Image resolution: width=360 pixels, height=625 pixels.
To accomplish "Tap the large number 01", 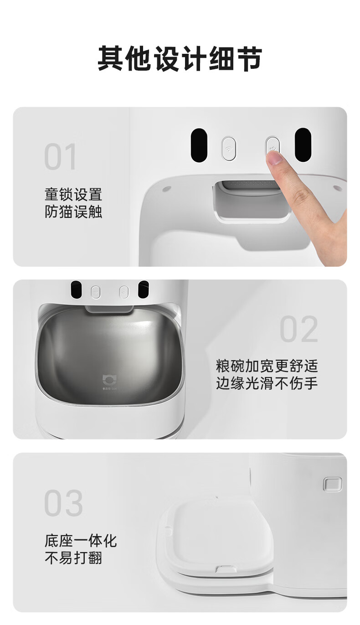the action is pyautogui.click(x=60, y=156).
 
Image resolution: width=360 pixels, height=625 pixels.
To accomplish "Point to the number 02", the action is pyautogui.click(x=298, y=329).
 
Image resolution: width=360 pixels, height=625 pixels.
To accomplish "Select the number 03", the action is pyautogui.click(x=64, y=503).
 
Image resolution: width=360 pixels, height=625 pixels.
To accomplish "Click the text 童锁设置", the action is pyautogui.click(x=73, y=195).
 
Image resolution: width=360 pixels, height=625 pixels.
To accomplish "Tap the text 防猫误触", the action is pyautogui.click(x=73, y=212).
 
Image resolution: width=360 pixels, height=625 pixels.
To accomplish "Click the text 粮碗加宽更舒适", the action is pyautogui.click(x=267, y=366).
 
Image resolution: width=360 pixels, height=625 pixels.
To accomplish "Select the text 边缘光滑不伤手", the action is pyautogui.click(x=267, y=383).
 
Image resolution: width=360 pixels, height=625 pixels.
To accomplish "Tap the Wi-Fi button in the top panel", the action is pyautogui.click(x=229, y=148).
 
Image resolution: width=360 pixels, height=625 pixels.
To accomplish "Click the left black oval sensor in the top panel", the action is pyautogui.click(x=199, y=145).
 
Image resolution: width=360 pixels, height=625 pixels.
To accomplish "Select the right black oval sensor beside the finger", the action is pyautogui.click(x=303, y=145).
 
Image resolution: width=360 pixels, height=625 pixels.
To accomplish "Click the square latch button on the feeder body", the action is pyautogui.click(x=333, y=484).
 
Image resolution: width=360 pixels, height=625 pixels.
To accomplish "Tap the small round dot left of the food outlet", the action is pyautogui.click(x=166, y=189).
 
